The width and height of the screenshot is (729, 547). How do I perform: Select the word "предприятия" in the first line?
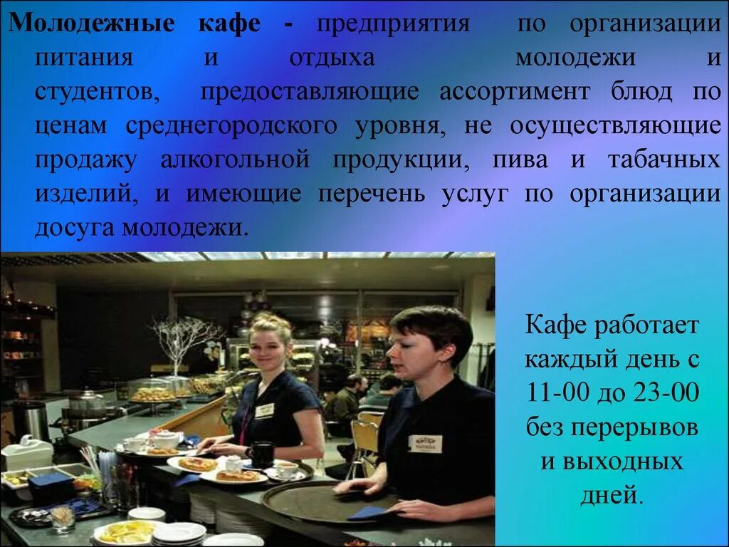(393, 24)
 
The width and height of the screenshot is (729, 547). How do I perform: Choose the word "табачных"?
(663, 160)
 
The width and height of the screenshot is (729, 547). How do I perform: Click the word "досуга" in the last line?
(75, 228)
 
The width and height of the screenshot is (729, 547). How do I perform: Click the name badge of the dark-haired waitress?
(425, 443)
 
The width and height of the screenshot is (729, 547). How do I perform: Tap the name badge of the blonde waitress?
(265, 411)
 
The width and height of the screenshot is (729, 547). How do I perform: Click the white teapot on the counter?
(165, 439)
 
